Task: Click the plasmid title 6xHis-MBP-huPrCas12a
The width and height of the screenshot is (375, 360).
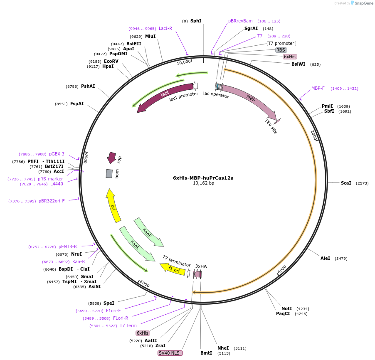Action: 203,178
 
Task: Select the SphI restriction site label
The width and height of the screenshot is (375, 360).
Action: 196,21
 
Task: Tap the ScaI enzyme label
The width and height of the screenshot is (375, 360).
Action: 346,183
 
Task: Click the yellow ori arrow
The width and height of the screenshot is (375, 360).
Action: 113,205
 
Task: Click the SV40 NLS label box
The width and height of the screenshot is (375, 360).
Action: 170,353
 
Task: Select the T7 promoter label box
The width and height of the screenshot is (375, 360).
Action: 281,43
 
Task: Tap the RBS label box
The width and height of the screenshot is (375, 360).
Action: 281,50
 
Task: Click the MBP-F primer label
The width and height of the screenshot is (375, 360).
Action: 318,88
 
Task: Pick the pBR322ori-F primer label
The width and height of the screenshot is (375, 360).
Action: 52,201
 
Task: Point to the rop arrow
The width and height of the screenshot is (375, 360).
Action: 111,157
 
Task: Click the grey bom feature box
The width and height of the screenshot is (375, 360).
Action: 109,173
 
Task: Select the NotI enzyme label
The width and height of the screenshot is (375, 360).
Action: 286,308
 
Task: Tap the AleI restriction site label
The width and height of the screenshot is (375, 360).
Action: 325,258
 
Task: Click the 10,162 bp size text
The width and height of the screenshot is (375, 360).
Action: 203,183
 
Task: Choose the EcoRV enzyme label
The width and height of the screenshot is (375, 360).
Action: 111,61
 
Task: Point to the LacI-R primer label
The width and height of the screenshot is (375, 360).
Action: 165,28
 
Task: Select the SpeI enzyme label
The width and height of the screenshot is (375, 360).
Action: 109,303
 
